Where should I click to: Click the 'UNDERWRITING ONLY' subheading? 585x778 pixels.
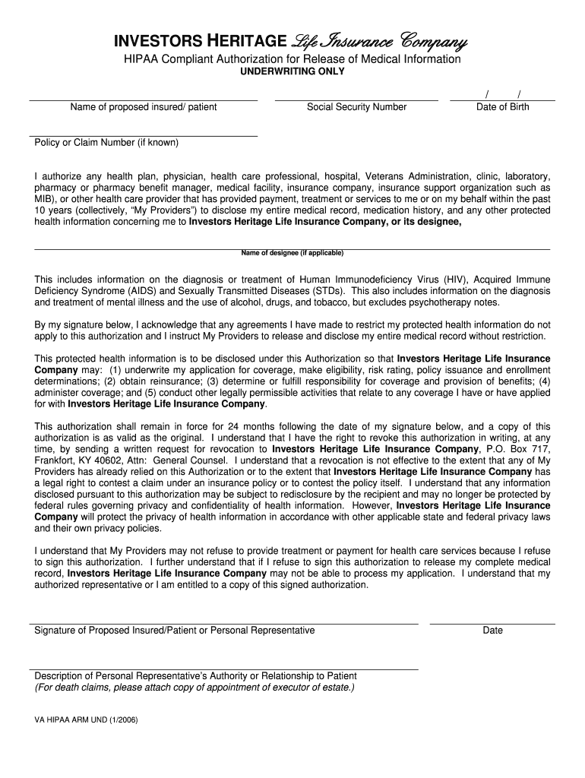pyautogui.click(x=292, y=71)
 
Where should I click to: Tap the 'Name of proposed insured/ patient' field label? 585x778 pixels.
pyautogui.click(x=144, y=107)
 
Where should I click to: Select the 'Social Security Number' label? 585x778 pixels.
pyautogui.click(x=356, y=107)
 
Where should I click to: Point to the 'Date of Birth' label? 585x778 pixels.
pyautogui.click(x=502, y=107)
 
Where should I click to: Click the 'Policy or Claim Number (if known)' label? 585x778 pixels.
pyautogui.click(x=106, y=143)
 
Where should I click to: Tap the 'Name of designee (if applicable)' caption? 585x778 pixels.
pyautogui.click(x=292, y=252)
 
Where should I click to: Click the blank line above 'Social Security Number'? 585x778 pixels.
pyautogui.click(x=356, y=99)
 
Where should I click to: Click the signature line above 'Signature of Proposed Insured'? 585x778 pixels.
pyautogui.click(x=226, y=623)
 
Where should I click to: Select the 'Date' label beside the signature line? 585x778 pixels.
pyautogui.click(x=492, y=631)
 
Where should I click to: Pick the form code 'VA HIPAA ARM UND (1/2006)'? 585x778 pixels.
pyautogui.click(x=86, y=717)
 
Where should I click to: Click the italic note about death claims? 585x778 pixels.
pyautogui.click(x=194, y=688)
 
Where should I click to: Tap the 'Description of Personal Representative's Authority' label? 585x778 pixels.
pyautogui.click(x=196, y=676)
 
